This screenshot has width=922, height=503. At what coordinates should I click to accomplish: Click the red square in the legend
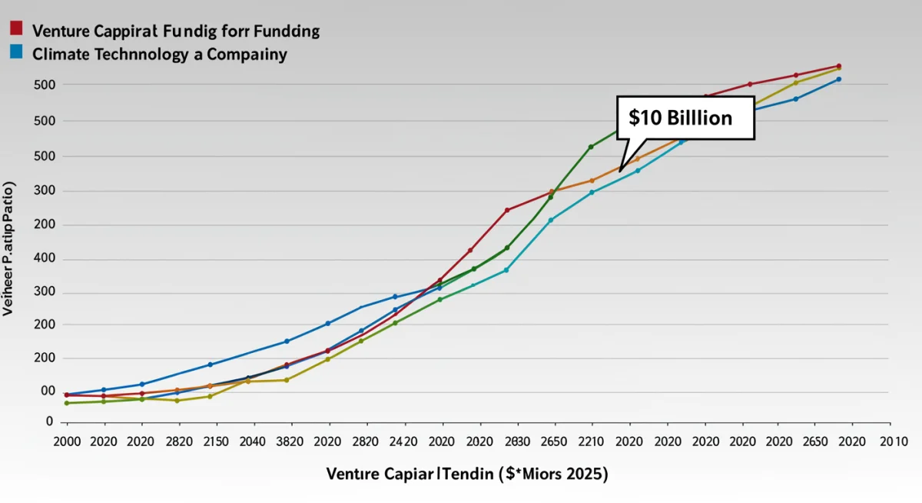(16, 29)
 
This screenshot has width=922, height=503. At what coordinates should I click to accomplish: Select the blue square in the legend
(16, 52)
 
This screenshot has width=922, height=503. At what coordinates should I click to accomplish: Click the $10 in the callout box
(645, 118)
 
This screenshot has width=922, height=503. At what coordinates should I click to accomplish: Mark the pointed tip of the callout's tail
(620, 171)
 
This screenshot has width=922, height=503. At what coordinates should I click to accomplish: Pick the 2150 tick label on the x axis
(217, 442)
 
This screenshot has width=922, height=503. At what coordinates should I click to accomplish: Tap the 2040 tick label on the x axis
(254, 442)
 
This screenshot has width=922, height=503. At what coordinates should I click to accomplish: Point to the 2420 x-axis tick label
(404, 442)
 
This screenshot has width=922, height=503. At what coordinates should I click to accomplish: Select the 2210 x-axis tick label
(592, 442)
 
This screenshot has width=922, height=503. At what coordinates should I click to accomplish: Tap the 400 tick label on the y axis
(45, 259)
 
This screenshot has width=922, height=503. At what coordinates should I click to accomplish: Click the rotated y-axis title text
(9, 249)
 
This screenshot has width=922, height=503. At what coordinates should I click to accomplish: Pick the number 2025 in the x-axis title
(585, 475)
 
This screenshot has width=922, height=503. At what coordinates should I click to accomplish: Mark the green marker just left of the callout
(591, 147)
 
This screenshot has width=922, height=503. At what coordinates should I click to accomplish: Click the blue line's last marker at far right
(838, 79)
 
